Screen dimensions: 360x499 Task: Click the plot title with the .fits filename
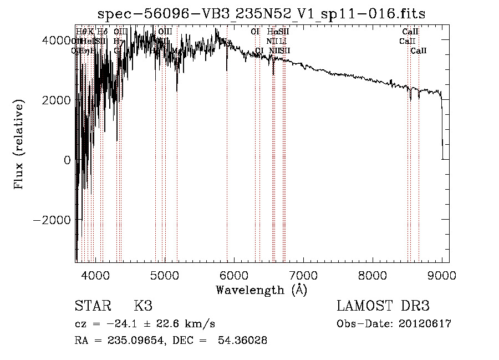[x=261, y=14]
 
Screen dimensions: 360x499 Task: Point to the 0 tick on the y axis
[x=68, y=160]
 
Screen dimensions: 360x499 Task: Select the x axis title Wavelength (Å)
[x=261, y=290]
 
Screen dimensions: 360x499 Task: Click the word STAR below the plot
[x=92, y=306]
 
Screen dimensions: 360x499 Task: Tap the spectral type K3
[x=143, y=306]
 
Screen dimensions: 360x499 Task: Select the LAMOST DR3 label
[x=383, y=306]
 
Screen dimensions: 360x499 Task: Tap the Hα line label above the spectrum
[x=272, y=32]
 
